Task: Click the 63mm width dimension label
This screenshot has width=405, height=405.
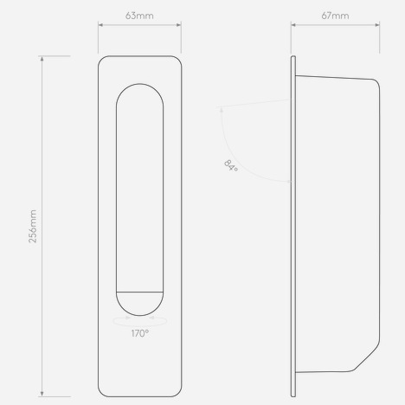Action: pos(139,16)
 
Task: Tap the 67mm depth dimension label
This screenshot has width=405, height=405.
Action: pos(335,16)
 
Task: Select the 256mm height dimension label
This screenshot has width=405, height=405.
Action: pos(33,227)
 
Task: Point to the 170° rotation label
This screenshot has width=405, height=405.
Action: pos(140,333)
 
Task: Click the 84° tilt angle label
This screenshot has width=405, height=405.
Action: pos(231,166)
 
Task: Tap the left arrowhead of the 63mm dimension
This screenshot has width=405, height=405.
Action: pos(100,25)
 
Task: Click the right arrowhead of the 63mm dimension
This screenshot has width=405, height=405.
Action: pos(178,25)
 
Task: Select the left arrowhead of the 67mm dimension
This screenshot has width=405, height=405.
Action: pos(293,25)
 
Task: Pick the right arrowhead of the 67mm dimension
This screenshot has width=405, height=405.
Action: pos(377,25)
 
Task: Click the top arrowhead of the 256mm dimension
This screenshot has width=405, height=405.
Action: pos(42,59)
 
